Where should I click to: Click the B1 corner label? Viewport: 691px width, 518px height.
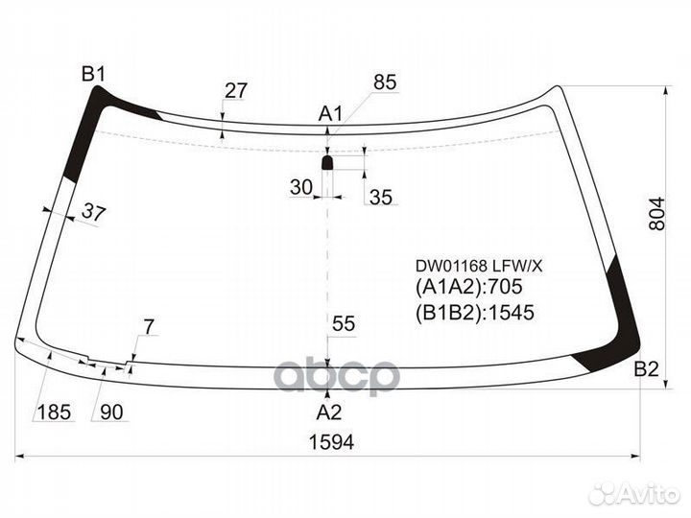click(93, 74)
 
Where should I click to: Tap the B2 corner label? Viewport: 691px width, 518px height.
click(647, 369)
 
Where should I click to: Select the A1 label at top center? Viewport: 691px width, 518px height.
click(330, 115)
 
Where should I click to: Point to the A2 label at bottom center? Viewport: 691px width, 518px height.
click(329, 412)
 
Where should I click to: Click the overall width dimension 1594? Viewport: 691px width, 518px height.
click(330, 442)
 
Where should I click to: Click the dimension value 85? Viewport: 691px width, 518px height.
click(384, 83)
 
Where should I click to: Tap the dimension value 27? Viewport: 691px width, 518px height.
click(235, 91)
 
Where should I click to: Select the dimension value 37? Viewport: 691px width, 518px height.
click(92, 213)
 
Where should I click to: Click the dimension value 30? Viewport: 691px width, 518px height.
click(301, 188)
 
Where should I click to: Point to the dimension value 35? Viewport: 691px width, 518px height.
click(381, 198)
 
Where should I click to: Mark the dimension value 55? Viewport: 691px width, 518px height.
click(344, 324)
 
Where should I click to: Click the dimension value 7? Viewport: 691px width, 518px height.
click(148, 328)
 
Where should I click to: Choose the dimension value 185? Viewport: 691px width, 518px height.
click(54, 412)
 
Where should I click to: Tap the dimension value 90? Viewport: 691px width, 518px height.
click(111, 412)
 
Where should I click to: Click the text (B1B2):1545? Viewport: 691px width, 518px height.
click(474, 312)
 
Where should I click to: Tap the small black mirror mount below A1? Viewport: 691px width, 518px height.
click(327, 164)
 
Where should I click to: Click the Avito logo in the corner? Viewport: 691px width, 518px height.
click(635, 493)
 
